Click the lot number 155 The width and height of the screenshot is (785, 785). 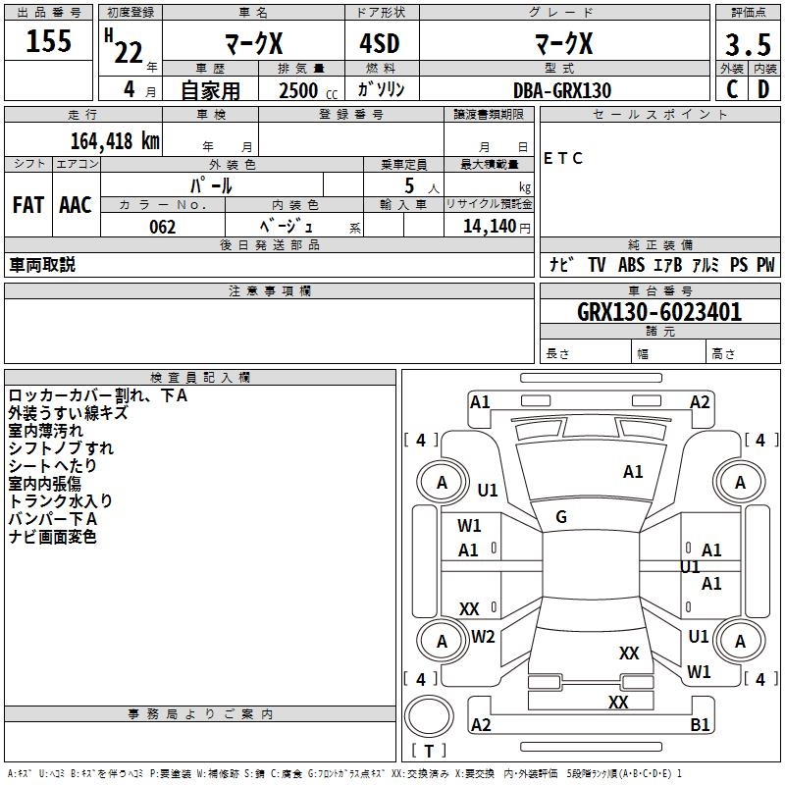[x=48, y=40]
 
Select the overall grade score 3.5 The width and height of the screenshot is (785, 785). [x=748, y=44]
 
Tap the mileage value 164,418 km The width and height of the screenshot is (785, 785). [x=115, y=141]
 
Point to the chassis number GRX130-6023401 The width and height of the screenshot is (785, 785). [x=659, y=312]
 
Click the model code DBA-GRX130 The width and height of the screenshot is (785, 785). [x=562, y=90]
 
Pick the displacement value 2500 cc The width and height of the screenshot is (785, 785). [x=308, y=90]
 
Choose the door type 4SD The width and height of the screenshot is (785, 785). [x=380, y=43]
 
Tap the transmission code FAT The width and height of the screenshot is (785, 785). [x=28, y=205]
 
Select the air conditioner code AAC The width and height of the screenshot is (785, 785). [x=76, y=205]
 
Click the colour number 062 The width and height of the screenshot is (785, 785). [x=162, y=227]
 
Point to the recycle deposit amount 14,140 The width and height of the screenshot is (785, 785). [x=490, y=227]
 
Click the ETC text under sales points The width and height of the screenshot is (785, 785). [x=562, y=158]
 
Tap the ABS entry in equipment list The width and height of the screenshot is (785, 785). [x=631, y=264]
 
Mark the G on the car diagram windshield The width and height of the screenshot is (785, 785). [x=561, y=517]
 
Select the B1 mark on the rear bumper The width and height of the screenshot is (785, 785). [x=700, y=724]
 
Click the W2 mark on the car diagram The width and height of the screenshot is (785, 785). [x=483, y=637]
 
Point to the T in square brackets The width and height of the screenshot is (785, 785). [x=429, y=751]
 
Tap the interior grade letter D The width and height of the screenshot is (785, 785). [x=763, y=89]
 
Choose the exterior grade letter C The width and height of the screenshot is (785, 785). [x=732, y=89]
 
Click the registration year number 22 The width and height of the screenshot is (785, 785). [x=129, y=52]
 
